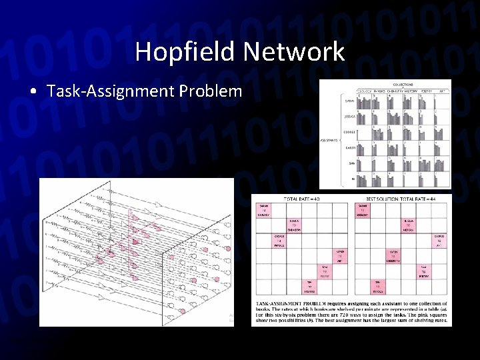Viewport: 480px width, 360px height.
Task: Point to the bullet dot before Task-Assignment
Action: [x=33, y=91]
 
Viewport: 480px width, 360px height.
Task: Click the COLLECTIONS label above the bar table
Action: [x=403, y=85]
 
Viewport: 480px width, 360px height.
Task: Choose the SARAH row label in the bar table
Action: [x=349, y=101]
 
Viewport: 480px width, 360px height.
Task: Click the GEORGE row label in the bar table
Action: [x=348, y=132]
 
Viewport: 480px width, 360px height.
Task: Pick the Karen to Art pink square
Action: [x=339, y=256]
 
